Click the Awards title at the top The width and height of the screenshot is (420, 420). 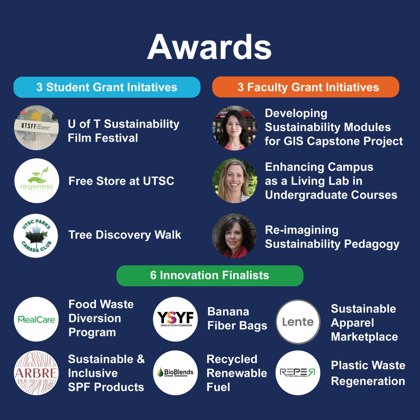click(209, 47)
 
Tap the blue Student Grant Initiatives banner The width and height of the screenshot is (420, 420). click(107, 87)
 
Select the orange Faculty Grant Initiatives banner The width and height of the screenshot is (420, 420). click(306, 87)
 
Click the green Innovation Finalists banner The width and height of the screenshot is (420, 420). click(210, 276)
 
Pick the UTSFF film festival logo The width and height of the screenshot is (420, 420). click(36, 128)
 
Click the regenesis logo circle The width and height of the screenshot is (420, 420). click(37, 181)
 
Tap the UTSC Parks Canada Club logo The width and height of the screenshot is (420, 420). click(36, 236)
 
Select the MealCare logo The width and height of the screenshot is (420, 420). click(36, 319)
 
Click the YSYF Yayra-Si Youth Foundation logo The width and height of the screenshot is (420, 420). click(175, 319)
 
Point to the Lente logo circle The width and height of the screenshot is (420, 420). click(298, 322)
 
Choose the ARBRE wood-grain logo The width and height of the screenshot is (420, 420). click(36, 373)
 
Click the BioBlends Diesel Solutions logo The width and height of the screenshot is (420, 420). click(175, 373)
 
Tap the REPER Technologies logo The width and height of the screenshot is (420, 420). click(298, 373)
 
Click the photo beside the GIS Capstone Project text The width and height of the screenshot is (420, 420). click(235, 128)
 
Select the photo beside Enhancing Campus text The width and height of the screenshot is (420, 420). click(235, 181)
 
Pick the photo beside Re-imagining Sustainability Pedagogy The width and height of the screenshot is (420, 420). click(234, 236)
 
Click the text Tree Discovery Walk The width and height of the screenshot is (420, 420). click(125, 235)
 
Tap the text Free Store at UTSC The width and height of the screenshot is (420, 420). click(121, 181)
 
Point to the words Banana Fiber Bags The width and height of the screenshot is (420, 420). click(237, 318)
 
